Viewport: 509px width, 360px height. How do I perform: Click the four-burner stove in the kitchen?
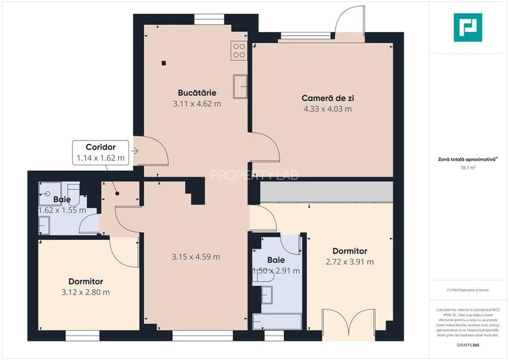point(239,50)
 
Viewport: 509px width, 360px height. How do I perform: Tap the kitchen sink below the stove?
point(240,87)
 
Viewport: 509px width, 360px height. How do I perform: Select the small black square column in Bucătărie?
point(164,63)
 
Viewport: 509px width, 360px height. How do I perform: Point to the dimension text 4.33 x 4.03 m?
point(327,109)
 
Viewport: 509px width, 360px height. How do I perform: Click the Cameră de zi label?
point(327,98)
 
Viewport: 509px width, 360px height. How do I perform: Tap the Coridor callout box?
point(100,152)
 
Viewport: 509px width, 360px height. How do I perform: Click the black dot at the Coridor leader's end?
point(116,192)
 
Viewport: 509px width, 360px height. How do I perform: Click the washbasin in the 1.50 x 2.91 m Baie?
point(267,294)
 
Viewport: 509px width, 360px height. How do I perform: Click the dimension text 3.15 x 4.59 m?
point(196,257)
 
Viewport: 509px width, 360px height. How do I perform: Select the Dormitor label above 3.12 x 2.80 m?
point(86,281)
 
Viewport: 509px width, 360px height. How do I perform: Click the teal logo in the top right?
point(467,28)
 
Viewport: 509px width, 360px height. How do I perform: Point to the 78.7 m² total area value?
point(467,168)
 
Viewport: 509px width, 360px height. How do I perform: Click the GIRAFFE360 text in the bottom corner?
point(467,345)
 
